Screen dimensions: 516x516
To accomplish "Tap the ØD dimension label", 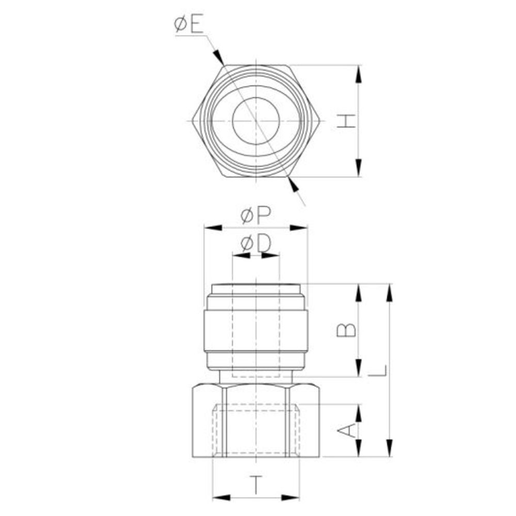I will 255,244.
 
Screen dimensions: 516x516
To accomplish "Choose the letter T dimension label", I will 256,485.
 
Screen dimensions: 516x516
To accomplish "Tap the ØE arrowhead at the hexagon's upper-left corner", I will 219,57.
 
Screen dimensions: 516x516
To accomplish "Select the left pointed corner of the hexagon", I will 192,121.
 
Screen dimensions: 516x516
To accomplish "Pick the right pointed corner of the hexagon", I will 320,121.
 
